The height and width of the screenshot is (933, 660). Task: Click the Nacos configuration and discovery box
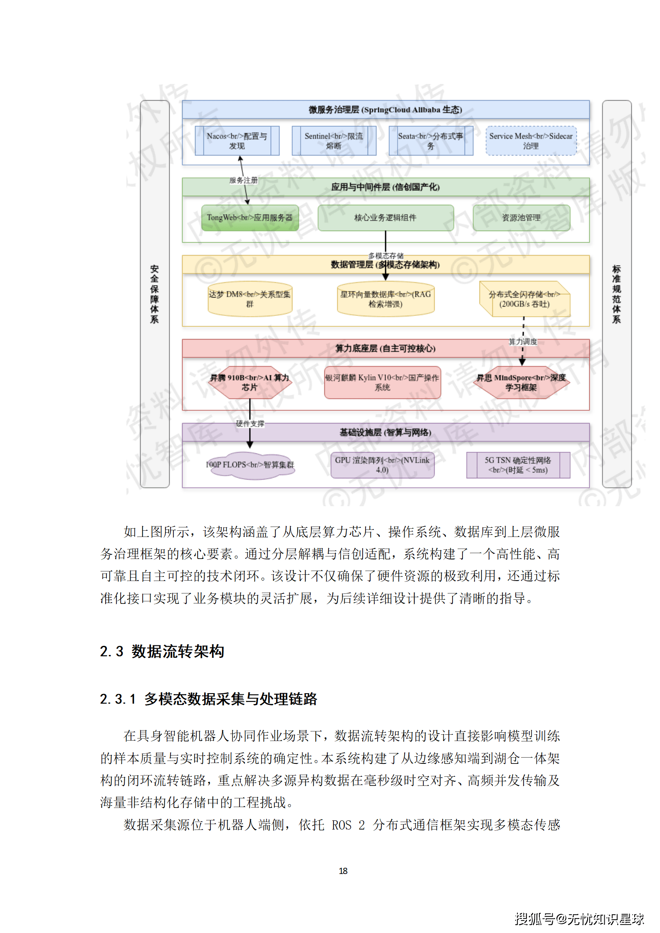tap(237, 141)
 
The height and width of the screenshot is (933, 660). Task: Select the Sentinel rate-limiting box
tap(334, 141)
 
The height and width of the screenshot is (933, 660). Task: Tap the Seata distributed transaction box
tap(430, 141)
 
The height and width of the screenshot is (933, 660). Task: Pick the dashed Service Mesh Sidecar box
tap(531, 141)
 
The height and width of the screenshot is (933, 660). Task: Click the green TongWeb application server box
tap(250, 217)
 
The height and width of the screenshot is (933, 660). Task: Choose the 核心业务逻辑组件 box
tap(385, 217)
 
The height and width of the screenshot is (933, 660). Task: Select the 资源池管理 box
tap(521, 217)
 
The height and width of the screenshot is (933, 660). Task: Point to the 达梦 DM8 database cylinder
tap(250, 299)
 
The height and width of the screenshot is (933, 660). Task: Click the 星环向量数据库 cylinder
tap(386, 299)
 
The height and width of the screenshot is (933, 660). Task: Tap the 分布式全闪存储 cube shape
tap(524, 299)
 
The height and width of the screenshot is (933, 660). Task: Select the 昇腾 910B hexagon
tap(250, 382)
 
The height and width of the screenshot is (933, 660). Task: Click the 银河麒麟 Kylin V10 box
tap(382, 382)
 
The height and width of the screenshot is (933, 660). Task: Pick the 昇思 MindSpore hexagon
tap(521, 382)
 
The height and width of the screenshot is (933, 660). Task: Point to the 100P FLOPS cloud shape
tap(250, 465)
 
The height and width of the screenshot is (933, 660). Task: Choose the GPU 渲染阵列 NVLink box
tap(382, 465)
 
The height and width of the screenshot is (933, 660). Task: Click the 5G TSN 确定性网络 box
tap(518, 465)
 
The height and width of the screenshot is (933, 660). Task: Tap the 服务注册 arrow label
tap(244, 180)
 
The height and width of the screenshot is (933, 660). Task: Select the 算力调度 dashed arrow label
tap(523, 342)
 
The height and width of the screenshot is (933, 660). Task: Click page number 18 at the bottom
tap(343, 871)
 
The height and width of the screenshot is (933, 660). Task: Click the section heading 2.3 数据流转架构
tap(162, 651)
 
